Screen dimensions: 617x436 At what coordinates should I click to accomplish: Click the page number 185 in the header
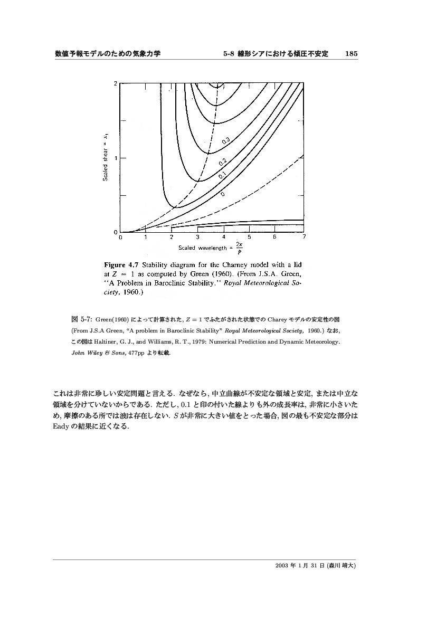[x=352, y=54]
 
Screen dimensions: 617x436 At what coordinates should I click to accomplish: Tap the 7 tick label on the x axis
[x=304, y=238]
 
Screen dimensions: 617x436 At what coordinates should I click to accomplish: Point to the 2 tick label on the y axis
[x=116, y=83]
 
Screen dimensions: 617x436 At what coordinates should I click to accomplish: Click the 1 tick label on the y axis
[x=116, y=158]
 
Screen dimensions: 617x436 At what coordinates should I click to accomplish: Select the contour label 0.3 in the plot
[x=224, y=140]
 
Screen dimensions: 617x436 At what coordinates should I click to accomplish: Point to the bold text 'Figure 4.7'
[x=122, y=264]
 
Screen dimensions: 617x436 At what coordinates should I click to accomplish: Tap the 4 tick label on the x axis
[x=223, y=238]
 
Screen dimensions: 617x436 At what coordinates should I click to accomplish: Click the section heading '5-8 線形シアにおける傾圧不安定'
[x=276, y=54]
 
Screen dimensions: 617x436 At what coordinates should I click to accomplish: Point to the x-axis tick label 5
[x=249, y=238]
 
